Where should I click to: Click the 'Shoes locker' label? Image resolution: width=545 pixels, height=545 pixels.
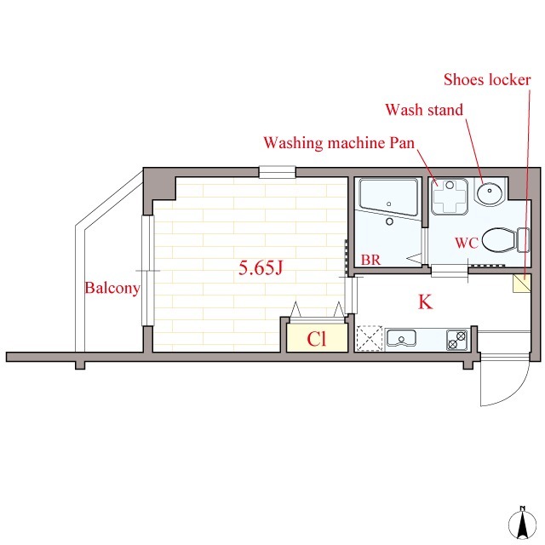(x=487, y=79)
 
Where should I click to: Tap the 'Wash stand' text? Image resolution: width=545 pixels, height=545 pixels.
(x=424, y=110)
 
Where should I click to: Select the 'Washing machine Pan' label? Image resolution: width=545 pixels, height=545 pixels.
(x=339, y=143)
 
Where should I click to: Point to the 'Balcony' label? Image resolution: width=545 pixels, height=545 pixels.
(x=112, y=288)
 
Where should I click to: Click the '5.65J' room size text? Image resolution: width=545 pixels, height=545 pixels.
(x=261, y=267)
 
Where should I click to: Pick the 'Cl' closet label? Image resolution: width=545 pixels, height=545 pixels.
(x=316, y=339)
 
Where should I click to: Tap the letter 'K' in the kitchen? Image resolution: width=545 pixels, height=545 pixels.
(x=425, y=301)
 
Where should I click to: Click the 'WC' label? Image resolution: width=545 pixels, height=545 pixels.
(x=467, y=243)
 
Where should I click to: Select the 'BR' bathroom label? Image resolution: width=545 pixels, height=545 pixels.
(x=370, y=260)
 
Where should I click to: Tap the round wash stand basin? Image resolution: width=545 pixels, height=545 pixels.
(x=489, y=192)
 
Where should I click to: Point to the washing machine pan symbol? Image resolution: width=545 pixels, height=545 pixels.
(x=450, y=197)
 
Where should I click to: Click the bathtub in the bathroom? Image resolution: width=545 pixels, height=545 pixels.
(x=388, y=197)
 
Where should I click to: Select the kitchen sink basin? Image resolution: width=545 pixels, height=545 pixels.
(x=401, y=338)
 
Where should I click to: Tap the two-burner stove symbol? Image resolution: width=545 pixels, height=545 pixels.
(x=456, y=340)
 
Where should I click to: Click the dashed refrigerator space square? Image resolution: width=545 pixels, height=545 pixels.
(x=370, y=338)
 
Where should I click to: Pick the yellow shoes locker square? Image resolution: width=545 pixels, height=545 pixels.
(x=522, y=283)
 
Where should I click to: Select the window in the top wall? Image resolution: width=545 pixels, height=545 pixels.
(x=277, y=172)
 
